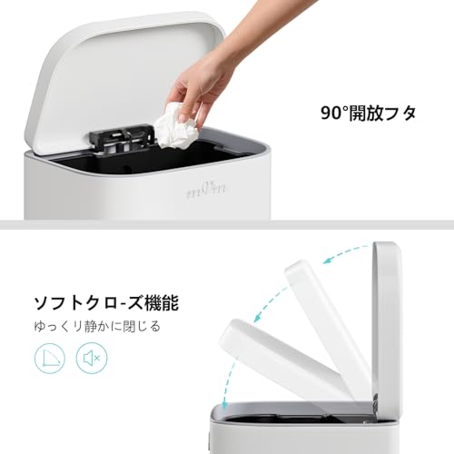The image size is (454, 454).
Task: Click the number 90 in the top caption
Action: (x=331, y=113)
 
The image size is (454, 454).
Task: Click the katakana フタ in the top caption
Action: (x=403, y=113)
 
